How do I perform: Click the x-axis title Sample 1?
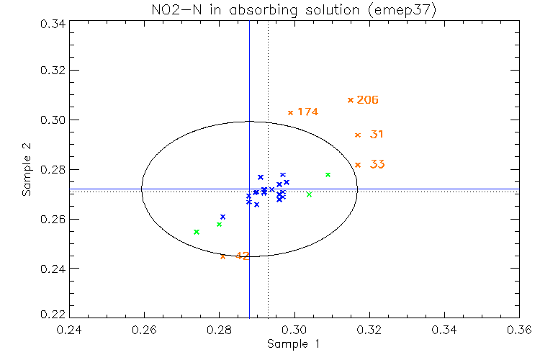coord(293,344)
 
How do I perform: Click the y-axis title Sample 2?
coord(27,170)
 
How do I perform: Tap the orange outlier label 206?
coord(368,100)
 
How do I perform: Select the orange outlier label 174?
coord(307,112)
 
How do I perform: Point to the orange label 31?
coord(377,135)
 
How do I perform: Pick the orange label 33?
coord(377,164)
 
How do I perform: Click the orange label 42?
coord(243,256)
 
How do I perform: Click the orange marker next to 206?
coord(351,100)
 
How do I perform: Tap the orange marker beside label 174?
coord(290,112)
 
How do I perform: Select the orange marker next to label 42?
coord(222,256)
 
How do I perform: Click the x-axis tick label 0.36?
coord(519,329)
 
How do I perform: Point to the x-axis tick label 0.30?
coord(294,329)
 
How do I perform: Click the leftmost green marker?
coord(197,232)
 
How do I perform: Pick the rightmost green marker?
coord(328,175)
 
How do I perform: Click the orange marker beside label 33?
coord(358,165)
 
